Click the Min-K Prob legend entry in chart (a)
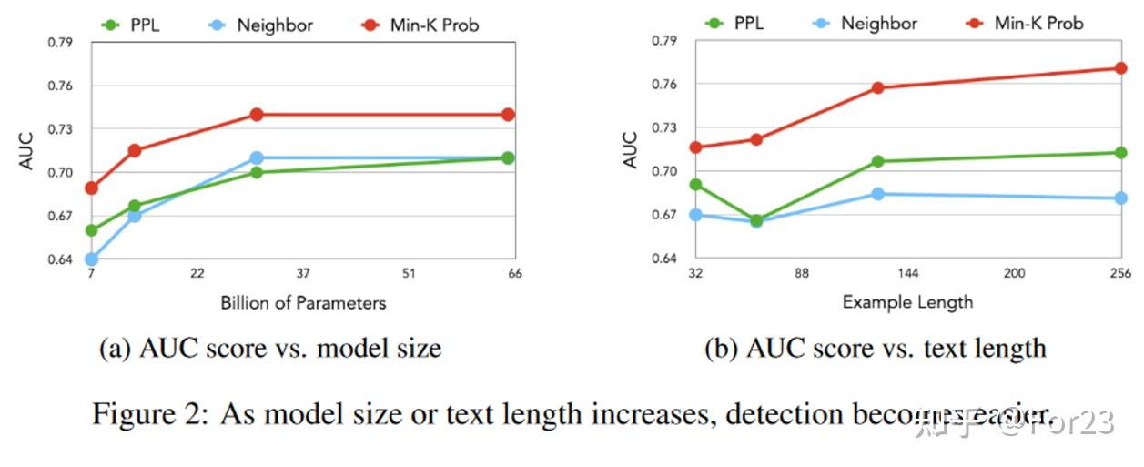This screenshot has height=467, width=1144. tap(418, 25)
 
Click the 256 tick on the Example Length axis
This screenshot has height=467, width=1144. tap(1120, 273)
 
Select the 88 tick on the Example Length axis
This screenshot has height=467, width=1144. tap(802, 273)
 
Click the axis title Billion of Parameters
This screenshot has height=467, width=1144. tap(303, 303)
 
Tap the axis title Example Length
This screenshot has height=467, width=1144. tap(907, 301)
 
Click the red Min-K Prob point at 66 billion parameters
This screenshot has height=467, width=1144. tap(508, 115)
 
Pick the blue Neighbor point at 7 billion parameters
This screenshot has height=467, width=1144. tap(91, 259)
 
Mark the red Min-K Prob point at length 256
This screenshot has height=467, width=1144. tap(1120, 68)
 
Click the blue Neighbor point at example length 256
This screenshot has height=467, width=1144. tap(1120, 198)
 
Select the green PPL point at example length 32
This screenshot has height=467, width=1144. tap(696, 184)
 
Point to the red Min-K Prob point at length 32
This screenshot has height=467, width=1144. tap(696, 147)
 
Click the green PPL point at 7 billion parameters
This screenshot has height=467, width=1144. tap(91, 230)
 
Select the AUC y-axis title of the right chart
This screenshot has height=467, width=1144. tap(630, 151)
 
